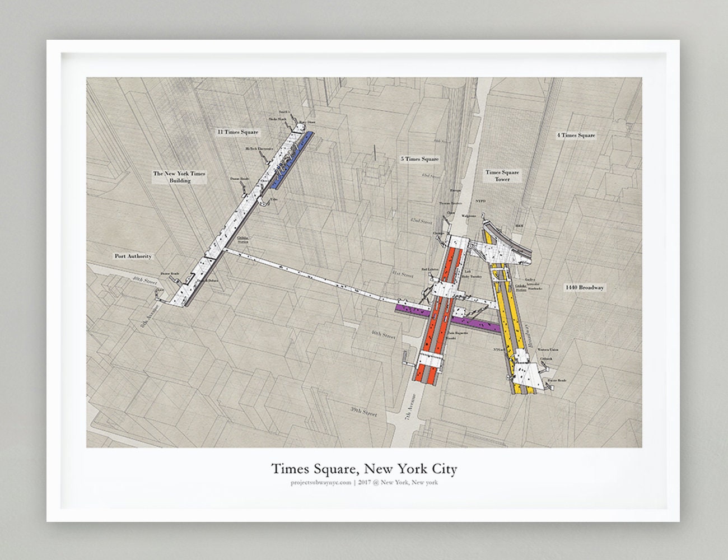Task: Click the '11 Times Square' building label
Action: [239, 132]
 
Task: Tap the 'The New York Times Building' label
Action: [180, 177]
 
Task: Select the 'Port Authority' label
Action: [133, 256]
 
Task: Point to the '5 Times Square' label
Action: [420, 159]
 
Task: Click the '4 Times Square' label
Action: [576, 136]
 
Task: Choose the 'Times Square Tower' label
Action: [502, 176]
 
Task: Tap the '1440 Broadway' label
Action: [585, 287]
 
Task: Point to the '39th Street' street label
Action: [364, 412]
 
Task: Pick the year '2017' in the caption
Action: [366, 483]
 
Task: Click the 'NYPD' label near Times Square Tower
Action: [480, 200]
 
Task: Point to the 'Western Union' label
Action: [547, 349]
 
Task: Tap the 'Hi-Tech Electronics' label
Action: [259, 149]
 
